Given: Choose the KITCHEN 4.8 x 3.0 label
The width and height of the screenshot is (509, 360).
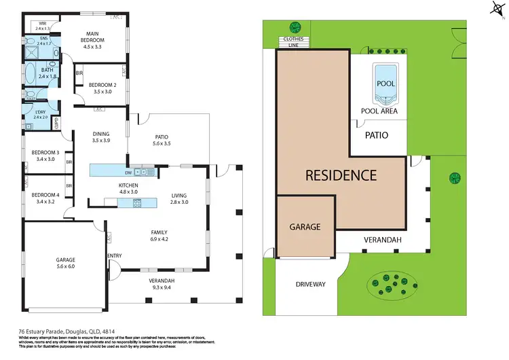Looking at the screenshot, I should click(128, 188).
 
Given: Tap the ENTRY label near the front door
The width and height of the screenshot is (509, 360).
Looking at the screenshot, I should click(114, 255).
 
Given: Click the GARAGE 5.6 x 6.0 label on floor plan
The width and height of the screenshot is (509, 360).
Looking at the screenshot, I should click(65, 264).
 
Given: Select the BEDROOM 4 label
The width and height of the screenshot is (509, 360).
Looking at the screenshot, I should click(42, 198).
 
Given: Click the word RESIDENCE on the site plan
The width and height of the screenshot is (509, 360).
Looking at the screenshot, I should click(341, 175).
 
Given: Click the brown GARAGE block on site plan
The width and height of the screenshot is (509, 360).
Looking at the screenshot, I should click(305, 227).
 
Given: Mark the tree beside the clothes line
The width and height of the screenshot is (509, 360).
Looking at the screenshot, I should click(295, 27).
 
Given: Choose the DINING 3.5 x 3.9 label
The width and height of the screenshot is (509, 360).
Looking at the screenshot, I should click(100, 137).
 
